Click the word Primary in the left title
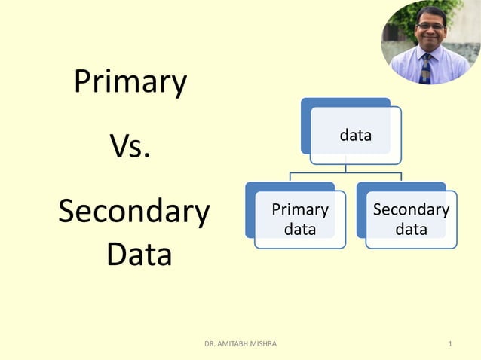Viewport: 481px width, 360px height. pos(130,83)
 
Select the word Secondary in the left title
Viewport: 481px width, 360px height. pos(133,212)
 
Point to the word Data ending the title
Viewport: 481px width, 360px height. pos(139,255)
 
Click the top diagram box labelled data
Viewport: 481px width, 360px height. pos(355,136)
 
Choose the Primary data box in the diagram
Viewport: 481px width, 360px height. pos(299,218)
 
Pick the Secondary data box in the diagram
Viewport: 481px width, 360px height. pos(411,218)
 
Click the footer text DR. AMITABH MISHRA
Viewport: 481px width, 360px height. pos(240,344)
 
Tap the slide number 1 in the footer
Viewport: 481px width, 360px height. pos(450,344)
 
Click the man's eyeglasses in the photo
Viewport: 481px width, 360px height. pos(431,26)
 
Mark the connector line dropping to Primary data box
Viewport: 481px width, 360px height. pos(290,178)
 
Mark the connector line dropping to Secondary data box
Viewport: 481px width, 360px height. pos(401,178)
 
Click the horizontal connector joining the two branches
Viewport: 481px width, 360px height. pos(345,173)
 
